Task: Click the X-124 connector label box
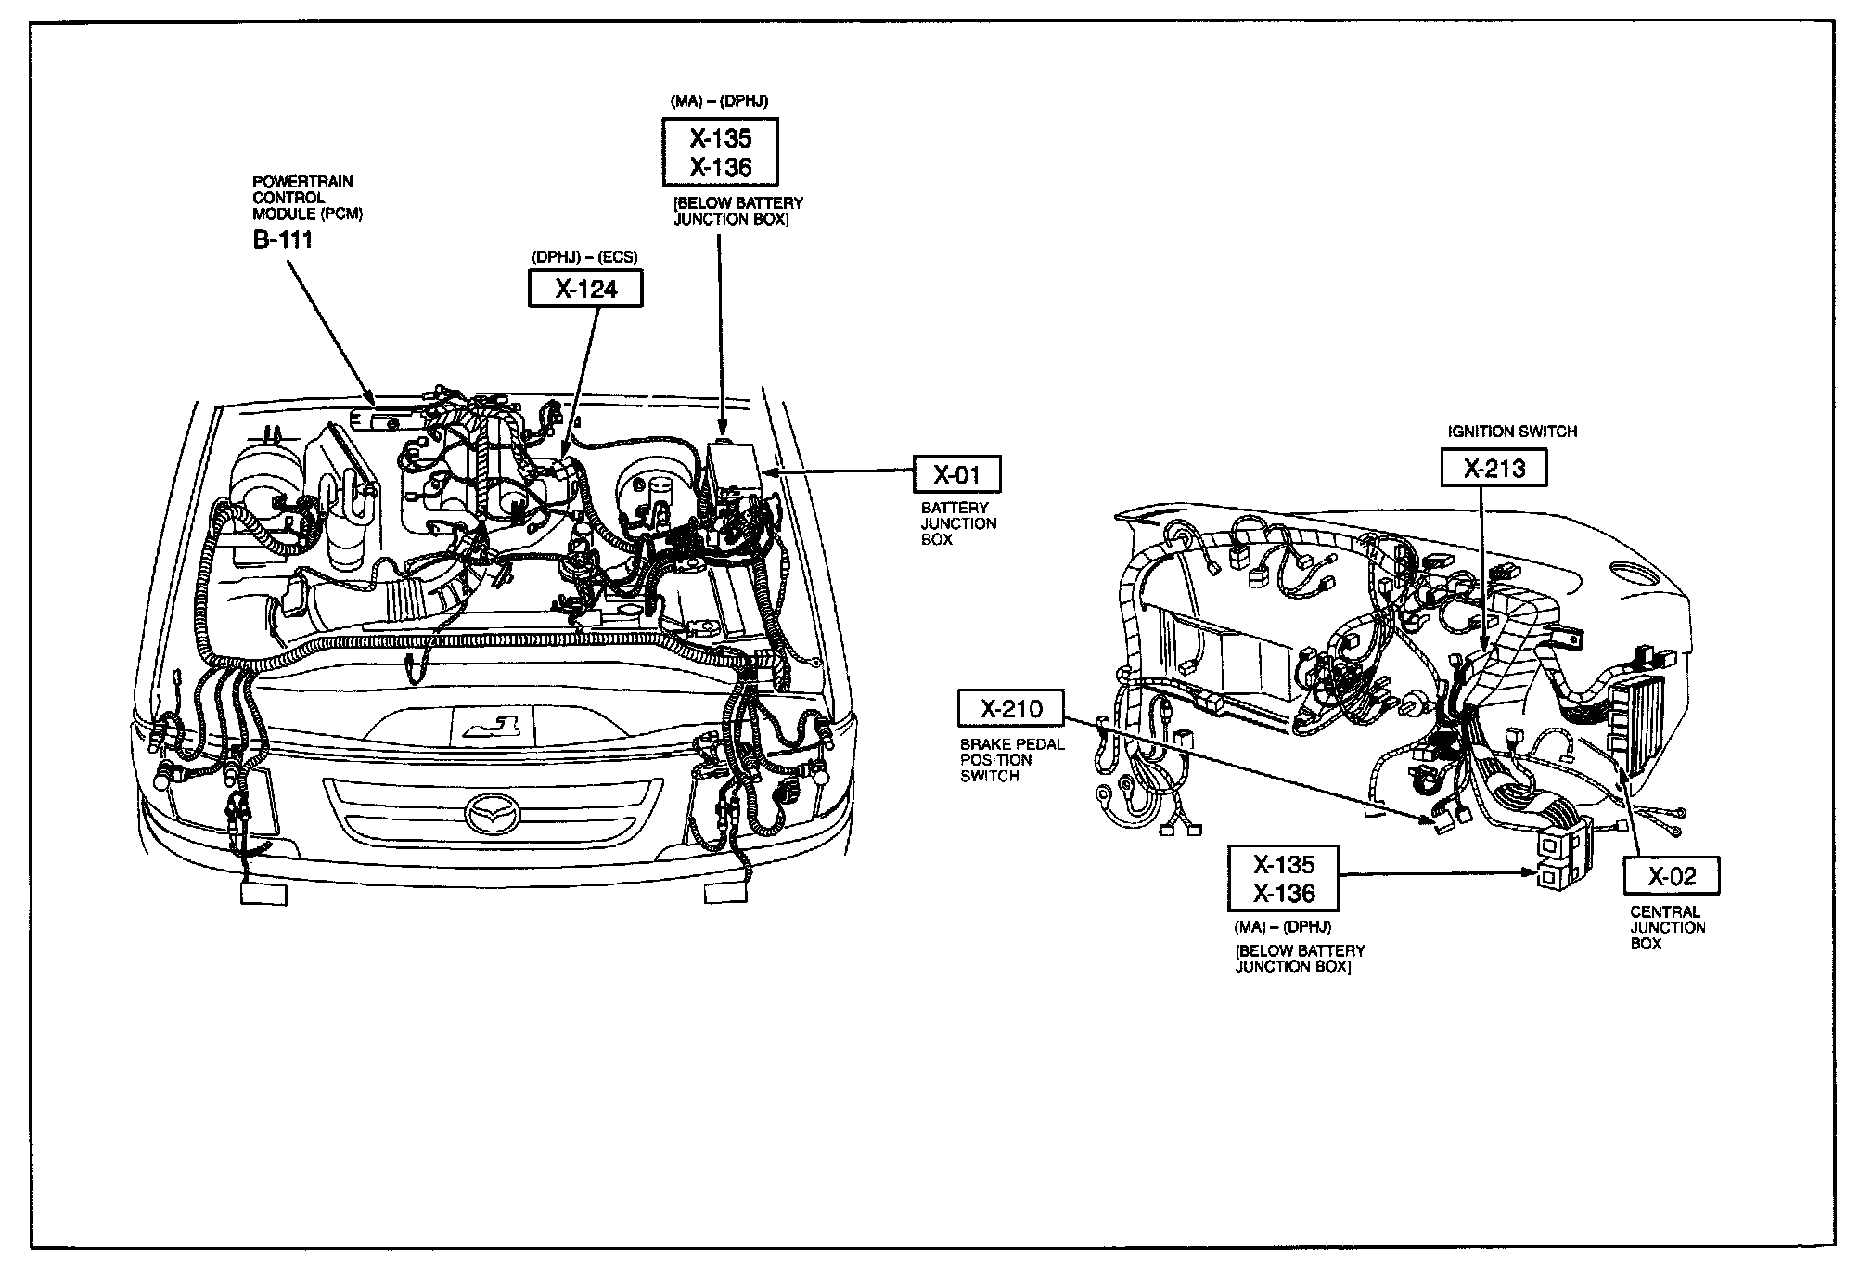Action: coord(585,289)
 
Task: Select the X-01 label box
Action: coord(956,475)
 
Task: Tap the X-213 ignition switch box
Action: coord(1494,468)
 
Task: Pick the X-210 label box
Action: coord(1011,710)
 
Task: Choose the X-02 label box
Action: coord(1672,876)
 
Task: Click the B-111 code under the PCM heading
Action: coord(282,240)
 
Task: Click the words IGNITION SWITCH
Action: coord(1512,432)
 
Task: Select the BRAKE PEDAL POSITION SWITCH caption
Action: coord(1012,760)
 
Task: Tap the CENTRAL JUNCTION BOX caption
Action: coord(1667,928)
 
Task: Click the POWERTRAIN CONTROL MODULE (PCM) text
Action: coord(307,198)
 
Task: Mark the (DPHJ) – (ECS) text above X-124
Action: coord(584,257)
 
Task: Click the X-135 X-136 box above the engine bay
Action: coord(720,152)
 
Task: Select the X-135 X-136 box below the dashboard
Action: coord(1284,878)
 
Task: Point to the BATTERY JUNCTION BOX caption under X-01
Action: coord(958,523)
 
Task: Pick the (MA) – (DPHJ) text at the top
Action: coord(719,100)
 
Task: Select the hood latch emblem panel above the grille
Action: coord(493,724)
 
